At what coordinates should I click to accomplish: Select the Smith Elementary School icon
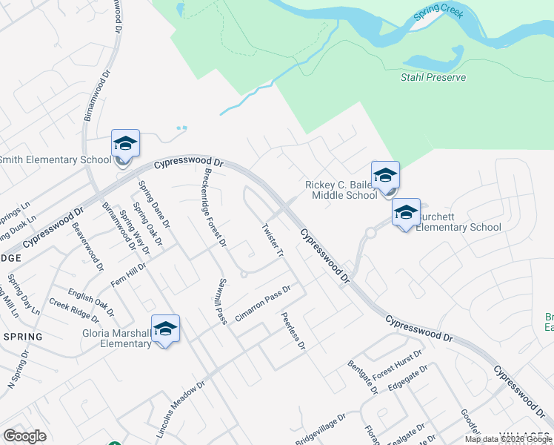tap(125, 144)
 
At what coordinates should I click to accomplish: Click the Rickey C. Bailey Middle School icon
tap(385, 177)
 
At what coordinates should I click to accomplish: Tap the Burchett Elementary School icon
tap(406, 213)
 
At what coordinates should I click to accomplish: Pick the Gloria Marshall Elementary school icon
tap(165, 329)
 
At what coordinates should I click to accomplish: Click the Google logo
tap(24, 436)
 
